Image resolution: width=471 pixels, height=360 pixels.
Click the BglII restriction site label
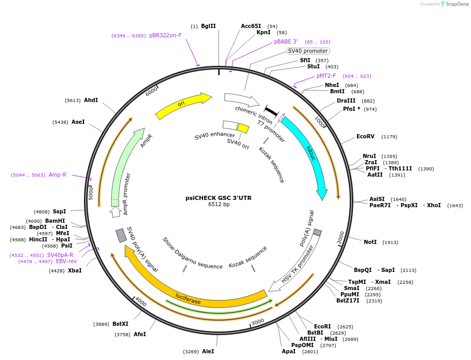[x=208, y=26]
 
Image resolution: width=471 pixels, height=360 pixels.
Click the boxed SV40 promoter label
[x=308, y=51]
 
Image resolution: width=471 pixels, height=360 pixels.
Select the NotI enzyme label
[x=370, y=242]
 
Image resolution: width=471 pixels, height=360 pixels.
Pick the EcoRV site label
[x=365, y=137]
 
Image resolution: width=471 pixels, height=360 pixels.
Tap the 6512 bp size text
[x=219, y=205]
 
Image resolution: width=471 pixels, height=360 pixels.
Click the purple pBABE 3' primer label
[x=286, y=41]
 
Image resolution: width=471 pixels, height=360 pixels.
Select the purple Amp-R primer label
[x=58, y=175]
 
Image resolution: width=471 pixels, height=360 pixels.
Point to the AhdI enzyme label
[x=91, y=100]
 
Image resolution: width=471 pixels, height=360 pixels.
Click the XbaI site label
[x=75, y=270]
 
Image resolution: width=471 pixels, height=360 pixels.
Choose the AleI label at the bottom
[x=208, y=351]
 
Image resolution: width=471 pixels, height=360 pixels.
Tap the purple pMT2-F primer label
[x=326, y=76]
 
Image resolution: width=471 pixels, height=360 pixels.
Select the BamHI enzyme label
[x=55, y=221]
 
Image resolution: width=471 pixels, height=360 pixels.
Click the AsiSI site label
[x=377, y=199]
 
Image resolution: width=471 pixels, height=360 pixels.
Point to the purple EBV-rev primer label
[x=66, y=262]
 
